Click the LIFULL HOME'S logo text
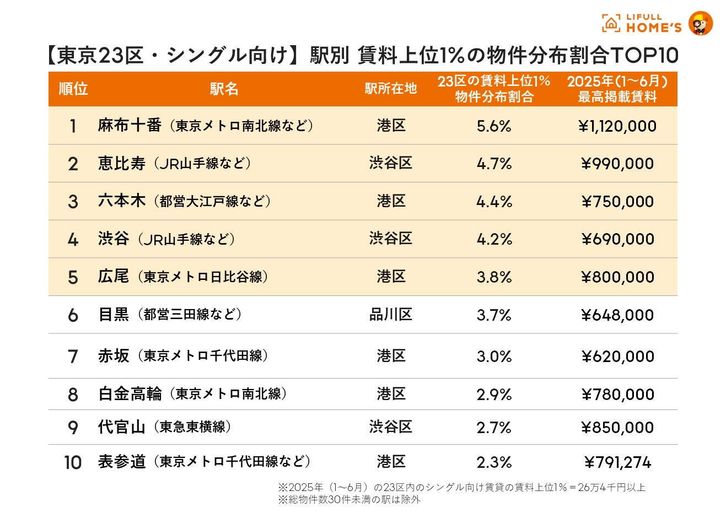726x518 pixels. coord(653,23)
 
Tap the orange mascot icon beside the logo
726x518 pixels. coord(701,23)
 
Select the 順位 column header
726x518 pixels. coord(73,89)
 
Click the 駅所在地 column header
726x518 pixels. coord(390,89)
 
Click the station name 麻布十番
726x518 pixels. coord(130,126)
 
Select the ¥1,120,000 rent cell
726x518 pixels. coord(617,126)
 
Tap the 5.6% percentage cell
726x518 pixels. coord(494,126)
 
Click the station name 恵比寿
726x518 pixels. coord(121,164)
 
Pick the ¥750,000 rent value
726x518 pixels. coord(617,202)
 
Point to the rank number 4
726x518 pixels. coord(73,240)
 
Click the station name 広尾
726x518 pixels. coord(114,277)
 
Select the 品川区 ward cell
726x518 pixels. coord(390,315)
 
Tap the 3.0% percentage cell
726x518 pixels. coord(494,357)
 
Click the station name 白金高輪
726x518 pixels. coord(130,394)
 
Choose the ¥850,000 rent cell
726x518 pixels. coord(617,428)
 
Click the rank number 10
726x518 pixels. coord(73,463)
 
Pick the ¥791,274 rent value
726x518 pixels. coord(617,463)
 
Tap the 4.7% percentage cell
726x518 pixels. coord(494,164)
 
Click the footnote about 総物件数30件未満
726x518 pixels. coord(349,500)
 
